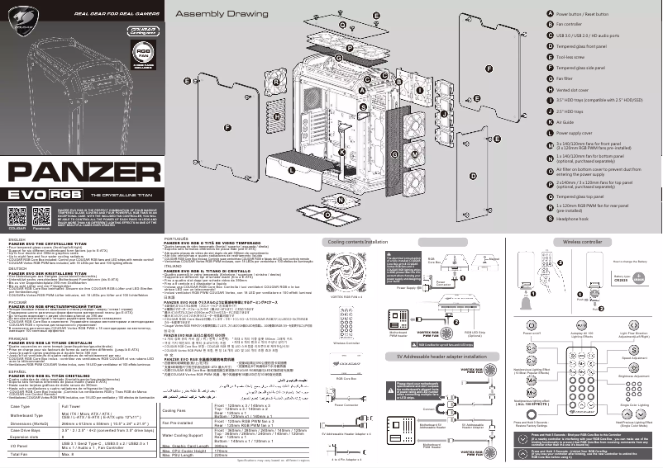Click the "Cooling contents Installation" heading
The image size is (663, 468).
coord(358,242)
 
